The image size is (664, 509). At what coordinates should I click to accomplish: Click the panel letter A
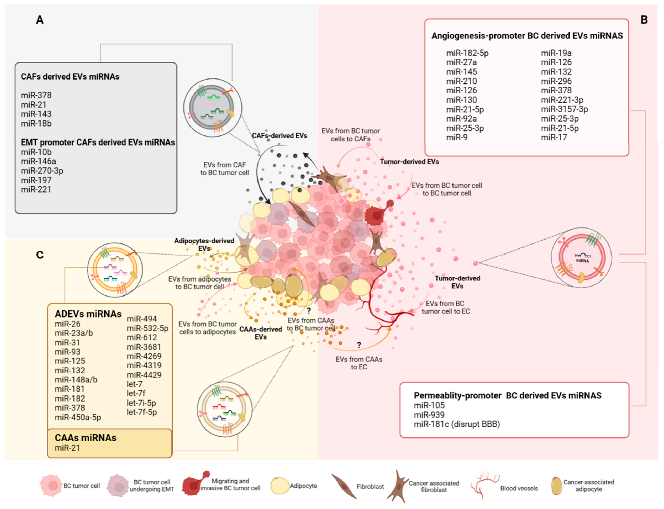click(x=40, y=20)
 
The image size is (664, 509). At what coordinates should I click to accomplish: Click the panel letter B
click(x=644, y=20)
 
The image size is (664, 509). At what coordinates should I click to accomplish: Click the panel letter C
click(x=40, y=255)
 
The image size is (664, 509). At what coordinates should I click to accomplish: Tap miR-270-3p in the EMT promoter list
click(x=42, y=171)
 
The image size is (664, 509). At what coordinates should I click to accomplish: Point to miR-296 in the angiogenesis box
click(x=556, y=81)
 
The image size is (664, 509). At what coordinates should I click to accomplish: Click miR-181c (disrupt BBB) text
click(x=457, y=424)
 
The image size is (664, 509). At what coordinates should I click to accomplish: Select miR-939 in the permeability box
click(x=429, y=415)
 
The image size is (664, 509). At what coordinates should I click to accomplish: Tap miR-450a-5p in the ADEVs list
click(x=78, y=418)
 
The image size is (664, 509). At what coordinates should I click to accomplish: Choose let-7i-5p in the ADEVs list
click(x=141, y=403)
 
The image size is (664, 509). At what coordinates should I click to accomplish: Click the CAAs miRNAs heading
click(x=85, y=438)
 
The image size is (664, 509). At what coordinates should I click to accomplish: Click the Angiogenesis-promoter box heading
click(x=527, y=36)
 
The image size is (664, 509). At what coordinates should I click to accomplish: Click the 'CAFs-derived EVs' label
click(x=279, y=136)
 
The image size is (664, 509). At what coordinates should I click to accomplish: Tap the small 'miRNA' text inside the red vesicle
click(x=582, y=261)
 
